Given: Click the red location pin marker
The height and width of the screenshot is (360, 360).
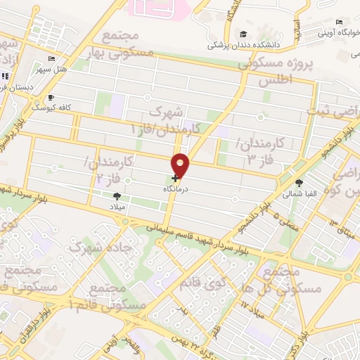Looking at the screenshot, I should click(x=181, y=164).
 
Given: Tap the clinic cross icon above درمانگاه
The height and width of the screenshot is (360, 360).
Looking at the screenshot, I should click(x=174, y=179).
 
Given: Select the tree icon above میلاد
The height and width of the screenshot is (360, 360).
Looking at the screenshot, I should click(x=116, y=196).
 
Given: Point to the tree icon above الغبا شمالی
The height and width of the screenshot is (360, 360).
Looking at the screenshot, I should click(x=300, y=181).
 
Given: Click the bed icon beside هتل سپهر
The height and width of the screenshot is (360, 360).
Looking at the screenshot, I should click(x=51, y=59).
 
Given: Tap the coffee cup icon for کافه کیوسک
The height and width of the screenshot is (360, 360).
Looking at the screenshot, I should click(x=50, y=98).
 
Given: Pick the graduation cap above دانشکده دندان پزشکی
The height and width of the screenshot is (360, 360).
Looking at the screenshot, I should click(x=243, y=34).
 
